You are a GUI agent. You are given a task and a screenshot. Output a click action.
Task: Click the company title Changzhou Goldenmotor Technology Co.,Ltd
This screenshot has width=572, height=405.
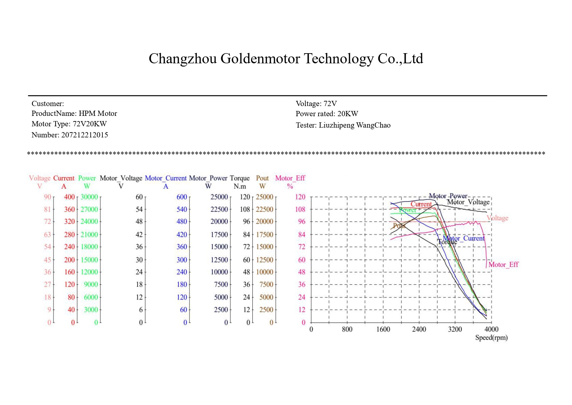coord(286,59)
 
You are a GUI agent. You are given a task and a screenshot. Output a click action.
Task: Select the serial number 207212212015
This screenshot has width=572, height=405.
coord(84,135)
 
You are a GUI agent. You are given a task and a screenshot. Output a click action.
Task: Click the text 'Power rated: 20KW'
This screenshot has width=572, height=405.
coord(327,114)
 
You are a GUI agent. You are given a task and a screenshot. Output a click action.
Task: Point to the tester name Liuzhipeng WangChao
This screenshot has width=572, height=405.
coord(354,125)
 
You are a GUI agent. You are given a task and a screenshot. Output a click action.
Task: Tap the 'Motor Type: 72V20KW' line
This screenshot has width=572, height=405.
coord(69,124)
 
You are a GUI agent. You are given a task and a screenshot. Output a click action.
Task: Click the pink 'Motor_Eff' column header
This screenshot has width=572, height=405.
coord(290,178)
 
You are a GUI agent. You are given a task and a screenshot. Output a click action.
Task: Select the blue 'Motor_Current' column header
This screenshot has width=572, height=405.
coord(166,178)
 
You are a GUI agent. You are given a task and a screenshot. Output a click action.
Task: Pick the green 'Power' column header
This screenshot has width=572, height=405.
coord(87,178)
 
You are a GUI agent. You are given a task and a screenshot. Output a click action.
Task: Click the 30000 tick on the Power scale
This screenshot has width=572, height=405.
coord(89,197)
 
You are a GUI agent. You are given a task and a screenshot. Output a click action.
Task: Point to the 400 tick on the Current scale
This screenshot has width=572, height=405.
coord(69,197)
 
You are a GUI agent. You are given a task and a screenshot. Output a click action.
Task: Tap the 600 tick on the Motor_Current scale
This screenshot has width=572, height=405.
coord(182,197)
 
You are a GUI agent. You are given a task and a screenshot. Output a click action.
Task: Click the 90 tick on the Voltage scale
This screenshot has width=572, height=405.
coord(48,197)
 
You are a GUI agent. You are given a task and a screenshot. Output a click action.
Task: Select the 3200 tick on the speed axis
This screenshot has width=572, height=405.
coord(455,329)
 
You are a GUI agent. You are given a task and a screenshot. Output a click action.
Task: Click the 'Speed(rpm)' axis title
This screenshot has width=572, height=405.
coord(491,337)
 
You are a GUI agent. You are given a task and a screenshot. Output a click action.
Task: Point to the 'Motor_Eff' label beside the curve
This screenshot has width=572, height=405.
coord(503,265)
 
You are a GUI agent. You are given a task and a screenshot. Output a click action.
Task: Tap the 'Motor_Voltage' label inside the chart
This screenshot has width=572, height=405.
coord(468,202)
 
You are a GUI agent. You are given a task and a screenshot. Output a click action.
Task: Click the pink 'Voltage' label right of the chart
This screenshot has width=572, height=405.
coord(497,218)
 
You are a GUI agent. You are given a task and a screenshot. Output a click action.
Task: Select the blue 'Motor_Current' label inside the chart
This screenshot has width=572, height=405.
coord(463,238)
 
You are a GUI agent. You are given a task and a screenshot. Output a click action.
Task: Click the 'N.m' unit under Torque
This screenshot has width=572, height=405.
coord(240,186)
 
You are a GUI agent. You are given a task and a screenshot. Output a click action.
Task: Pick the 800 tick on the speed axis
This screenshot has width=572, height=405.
coord(347,329)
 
